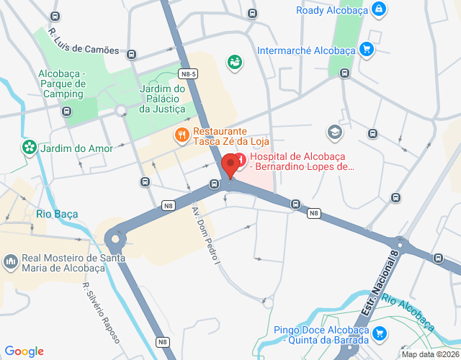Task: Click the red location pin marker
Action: pyautogui.click(x=230, y=165)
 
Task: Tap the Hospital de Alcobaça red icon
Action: pyautogui.click(x=241, y=157)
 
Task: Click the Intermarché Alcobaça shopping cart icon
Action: pyautogui.click(x=367, y=50)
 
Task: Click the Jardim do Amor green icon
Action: pyautogui.click(x=29, y=148)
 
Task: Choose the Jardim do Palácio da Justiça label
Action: pyautogui.click(x=162, y=99)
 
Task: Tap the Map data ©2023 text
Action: pyautogui.click(x=430, y=354)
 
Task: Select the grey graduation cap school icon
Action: pyautogui.click(x=335, y=131)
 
